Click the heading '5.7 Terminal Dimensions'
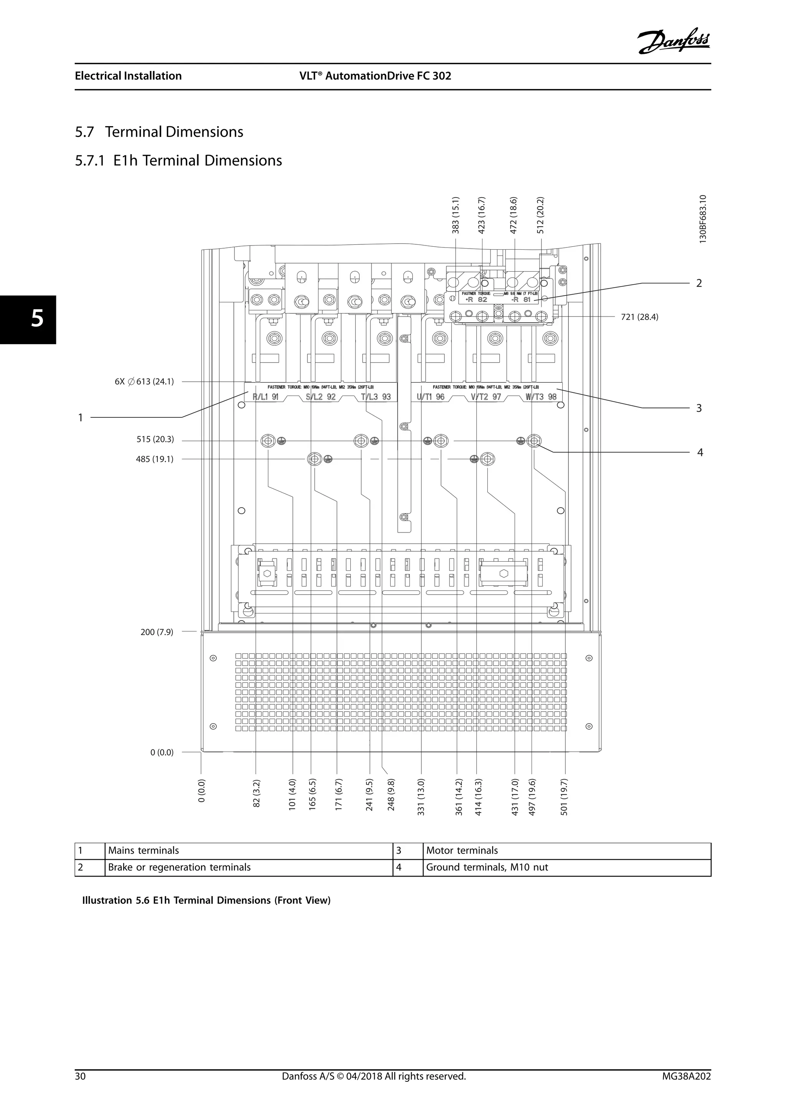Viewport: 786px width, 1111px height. point(159,132)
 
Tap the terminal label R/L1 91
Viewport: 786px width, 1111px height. point(266,397)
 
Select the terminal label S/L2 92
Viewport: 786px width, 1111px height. point(320,397)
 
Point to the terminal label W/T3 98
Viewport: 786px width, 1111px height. point(541,397)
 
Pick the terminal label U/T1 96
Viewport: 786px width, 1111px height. point(430,397)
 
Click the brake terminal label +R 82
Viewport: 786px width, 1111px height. point(476,300)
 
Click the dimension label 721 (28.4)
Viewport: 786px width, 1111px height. point(639,317)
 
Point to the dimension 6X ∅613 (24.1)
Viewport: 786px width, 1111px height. point(144,382)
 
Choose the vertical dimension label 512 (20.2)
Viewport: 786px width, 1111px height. point(541,215)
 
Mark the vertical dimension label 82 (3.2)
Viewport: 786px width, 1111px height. point(256,800)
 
